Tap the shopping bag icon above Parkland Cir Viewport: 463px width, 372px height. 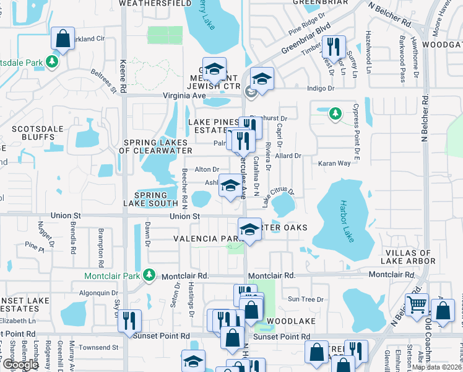[63, 38]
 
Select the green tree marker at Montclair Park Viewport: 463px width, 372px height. [148, 275]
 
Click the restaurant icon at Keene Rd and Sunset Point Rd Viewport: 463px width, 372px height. [129, 321]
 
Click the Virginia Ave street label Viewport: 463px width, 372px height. [184, 96]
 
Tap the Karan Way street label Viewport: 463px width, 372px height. [334, 164]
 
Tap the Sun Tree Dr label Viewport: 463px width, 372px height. [306, 299]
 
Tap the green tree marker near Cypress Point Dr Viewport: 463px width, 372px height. [335, 113]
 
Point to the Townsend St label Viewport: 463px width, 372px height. [93, 347]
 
